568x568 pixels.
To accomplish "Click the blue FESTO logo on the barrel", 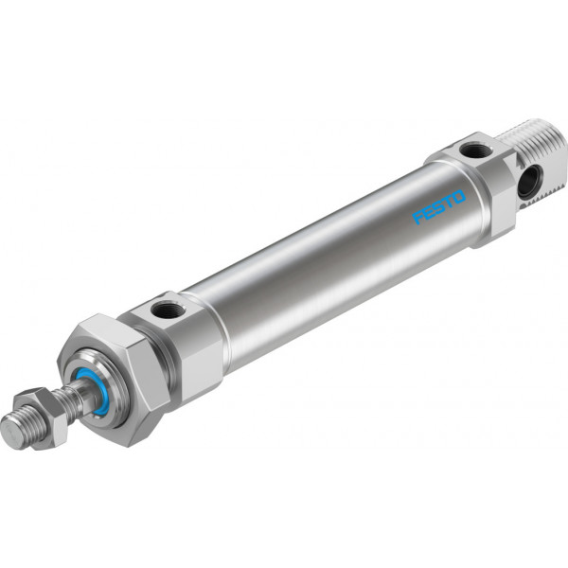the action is [x=439, y=206].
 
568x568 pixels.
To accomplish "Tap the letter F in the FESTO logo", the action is [x=418, y=217].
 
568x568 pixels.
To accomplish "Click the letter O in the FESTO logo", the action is [x=459, y=197].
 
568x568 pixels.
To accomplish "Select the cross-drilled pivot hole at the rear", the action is [x=528, y=182].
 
